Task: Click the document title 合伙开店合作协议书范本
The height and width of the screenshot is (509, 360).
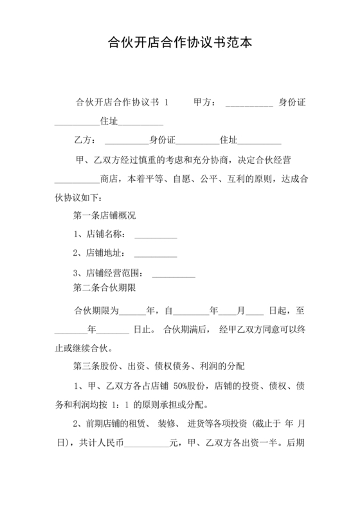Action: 180,44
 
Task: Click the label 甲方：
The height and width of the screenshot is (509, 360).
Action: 205,103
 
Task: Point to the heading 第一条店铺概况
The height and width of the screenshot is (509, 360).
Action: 105,215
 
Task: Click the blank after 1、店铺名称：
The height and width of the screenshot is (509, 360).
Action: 156,236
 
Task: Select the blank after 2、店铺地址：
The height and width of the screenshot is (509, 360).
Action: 156,254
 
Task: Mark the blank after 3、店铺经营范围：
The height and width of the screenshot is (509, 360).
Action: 174,274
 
